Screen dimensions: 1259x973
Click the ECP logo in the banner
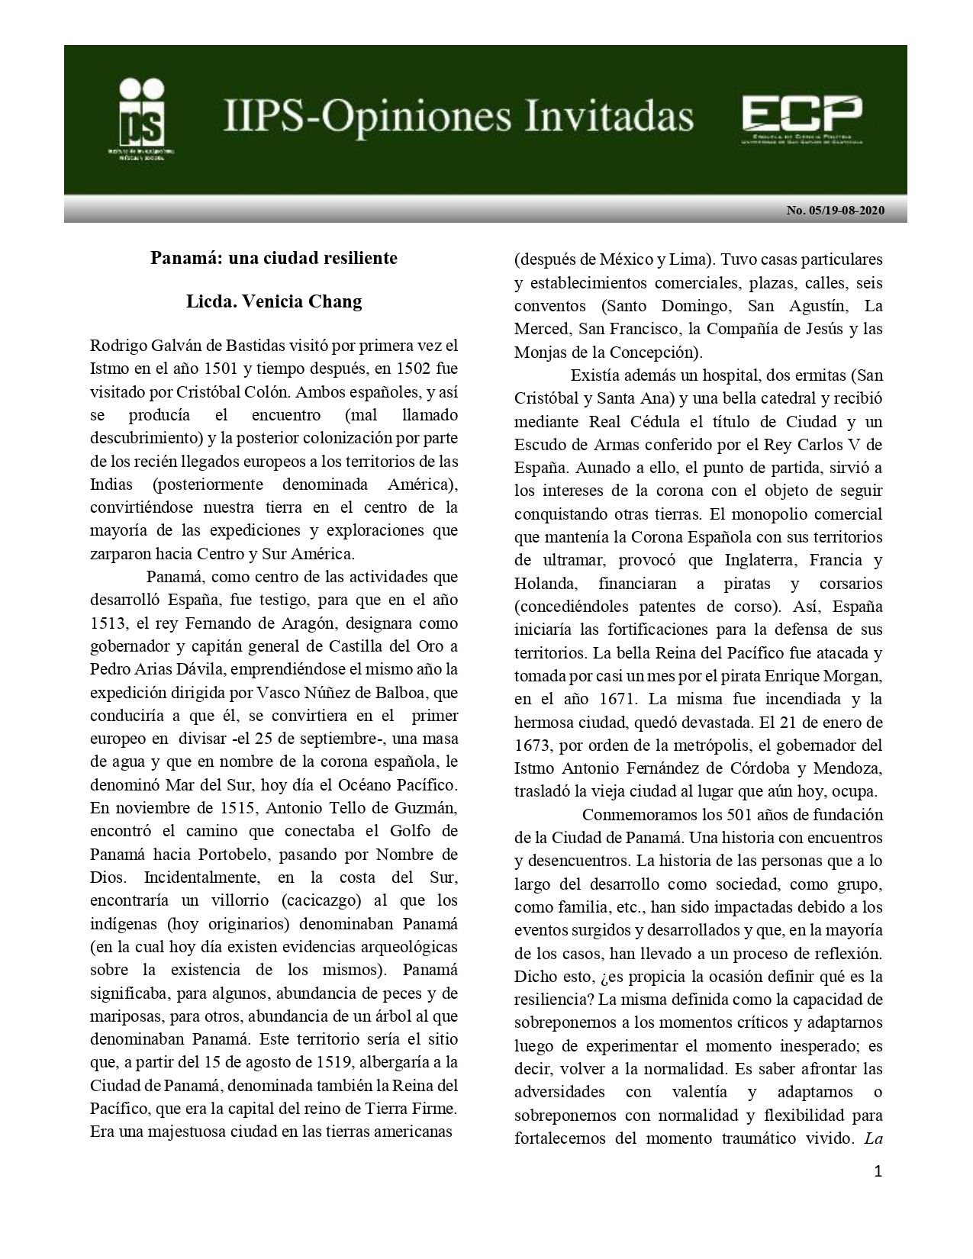(x=802, y=119)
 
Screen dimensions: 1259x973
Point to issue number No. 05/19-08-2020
(x=836, y=211)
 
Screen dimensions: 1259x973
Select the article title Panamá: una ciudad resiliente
(x=273, y=258)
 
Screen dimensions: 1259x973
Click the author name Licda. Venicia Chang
(x=273, y=301)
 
